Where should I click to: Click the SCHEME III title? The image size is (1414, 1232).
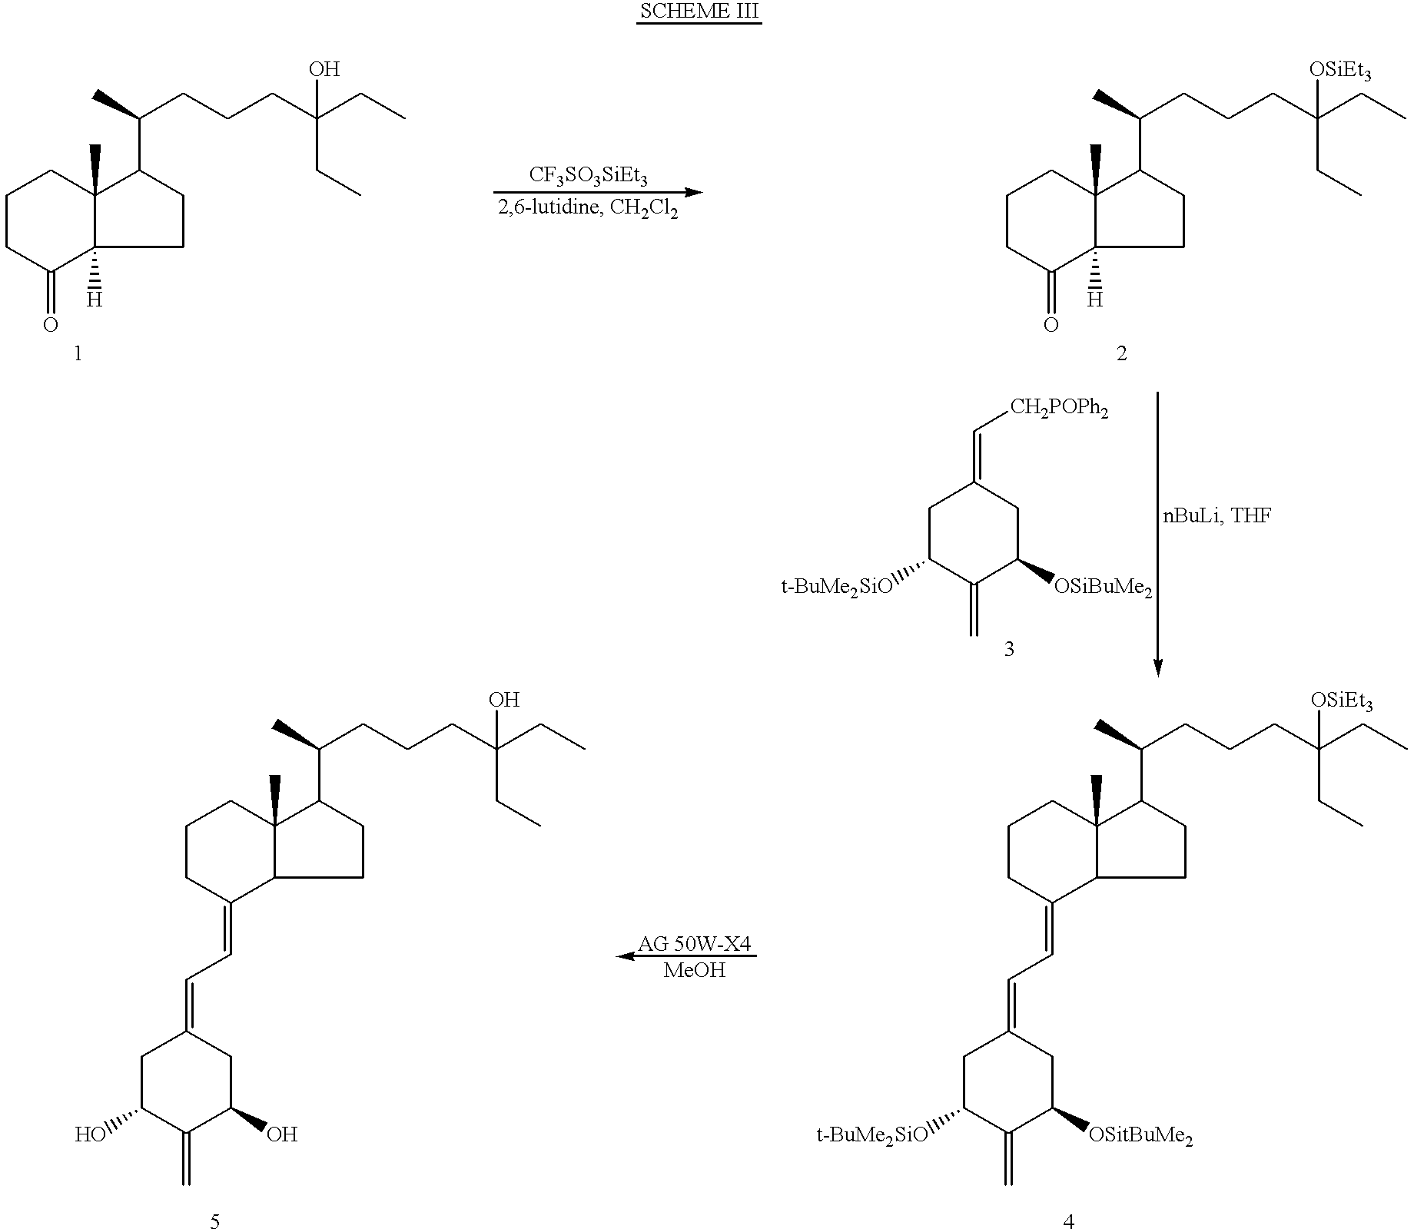click(699, 13)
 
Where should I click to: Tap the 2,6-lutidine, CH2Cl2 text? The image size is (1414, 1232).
click(589, 208)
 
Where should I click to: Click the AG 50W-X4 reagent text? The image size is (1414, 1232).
click(694, 944)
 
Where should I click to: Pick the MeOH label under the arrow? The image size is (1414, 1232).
click(694, 970)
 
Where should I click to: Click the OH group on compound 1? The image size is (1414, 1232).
click(324, 70)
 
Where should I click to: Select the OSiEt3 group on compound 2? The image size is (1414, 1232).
click(1340, 71)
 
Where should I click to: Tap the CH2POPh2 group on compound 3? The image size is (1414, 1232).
click(1058, 408)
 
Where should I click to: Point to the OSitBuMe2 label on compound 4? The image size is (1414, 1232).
click(1140, 1135)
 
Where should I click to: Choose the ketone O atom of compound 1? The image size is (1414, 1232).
click(51, 325)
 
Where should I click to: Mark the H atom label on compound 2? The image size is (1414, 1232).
click(1094, 300)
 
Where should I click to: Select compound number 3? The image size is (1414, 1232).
click(1009, 650)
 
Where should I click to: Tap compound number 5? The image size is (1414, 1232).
click(214, 1221)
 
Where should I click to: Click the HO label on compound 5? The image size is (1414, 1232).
click(89, 1134)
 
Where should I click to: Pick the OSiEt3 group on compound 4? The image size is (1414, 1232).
click(1341, 701)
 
